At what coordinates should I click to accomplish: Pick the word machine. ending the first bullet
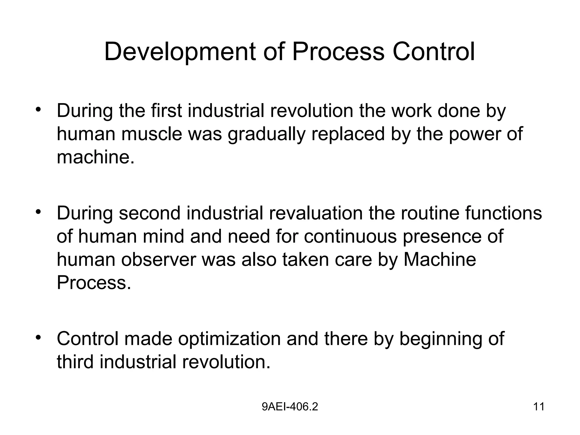pos(95,157)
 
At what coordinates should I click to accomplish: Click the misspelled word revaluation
pos(316,213)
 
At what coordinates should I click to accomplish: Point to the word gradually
pos(266,135)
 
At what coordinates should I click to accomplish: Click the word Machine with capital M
pos(440,260)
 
